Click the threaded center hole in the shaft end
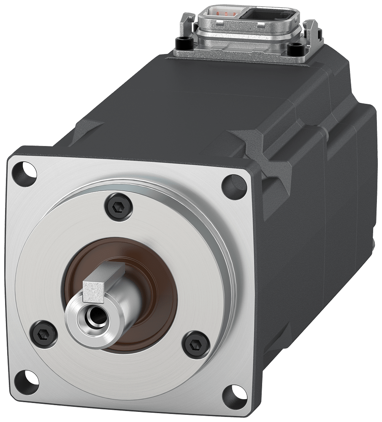pyautogui.click(x=94, y=313)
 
